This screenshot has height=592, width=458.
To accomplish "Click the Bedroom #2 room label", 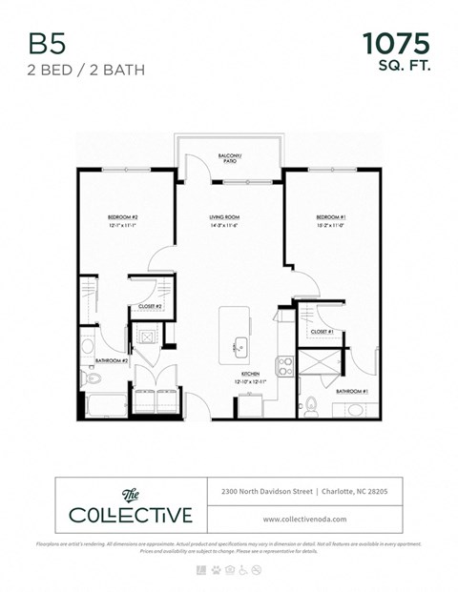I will pyautogui.click(x=123, y=218).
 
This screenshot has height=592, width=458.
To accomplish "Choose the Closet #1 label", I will pyautogui.click(x=322, y=331).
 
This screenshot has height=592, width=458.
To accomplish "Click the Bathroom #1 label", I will pyautogui.click(x=351, y=391).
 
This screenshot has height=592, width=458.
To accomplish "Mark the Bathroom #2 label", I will pyautogui.click(x=112, y=361).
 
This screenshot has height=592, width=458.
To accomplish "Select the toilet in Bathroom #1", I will pyautogui.click(x=310, y=404).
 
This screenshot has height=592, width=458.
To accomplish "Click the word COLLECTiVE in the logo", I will pyautogui.click(x=131, y=516).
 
